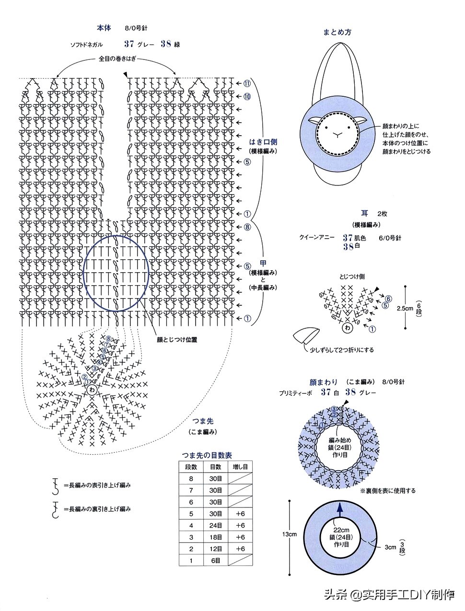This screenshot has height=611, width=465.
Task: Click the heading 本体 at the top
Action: (104, 28)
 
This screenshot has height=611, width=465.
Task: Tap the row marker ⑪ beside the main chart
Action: (247, 83)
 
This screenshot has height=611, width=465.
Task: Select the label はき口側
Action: (263, 142)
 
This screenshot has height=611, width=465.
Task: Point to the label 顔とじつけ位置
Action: (177, 339)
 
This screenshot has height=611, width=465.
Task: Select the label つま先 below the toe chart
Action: (203, 421)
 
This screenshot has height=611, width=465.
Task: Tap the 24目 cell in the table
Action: (216, 525)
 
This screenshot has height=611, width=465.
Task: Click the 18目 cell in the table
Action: (216, 537)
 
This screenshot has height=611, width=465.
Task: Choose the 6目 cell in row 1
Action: (216, 560)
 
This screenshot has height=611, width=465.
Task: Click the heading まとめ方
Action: (337, 32)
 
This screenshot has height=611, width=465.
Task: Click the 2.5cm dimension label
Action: (405, 309)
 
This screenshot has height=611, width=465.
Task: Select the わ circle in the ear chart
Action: (346, 328)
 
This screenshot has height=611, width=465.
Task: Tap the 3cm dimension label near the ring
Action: (390, 547)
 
